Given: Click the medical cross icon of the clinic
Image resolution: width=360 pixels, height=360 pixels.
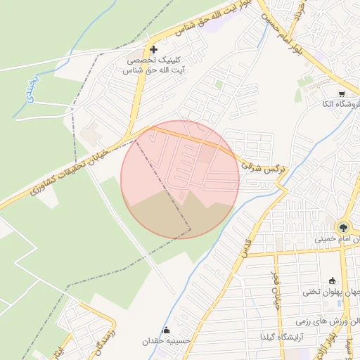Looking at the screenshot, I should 153,49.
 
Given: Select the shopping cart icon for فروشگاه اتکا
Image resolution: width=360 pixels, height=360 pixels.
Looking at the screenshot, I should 342,94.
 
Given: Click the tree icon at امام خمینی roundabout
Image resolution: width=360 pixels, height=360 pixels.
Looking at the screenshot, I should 343,227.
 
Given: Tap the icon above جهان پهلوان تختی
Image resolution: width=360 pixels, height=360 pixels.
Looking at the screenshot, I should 332,281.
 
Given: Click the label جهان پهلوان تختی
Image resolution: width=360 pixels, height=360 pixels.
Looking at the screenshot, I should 331,291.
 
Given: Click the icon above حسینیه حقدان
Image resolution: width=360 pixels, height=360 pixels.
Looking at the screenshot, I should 166,330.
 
